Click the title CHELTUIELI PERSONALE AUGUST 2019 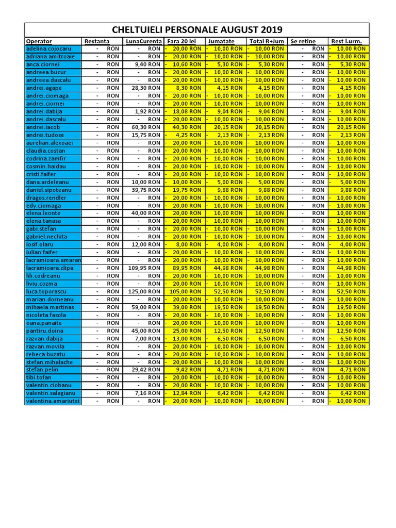coord(197,29)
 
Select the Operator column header coord(39,41)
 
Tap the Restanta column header coord(97,41)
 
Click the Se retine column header coord(303,41)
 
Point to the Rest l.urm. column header coord(346,41)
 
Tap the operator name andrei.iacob coord(43,127)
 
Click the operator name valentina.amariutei coord(53,401)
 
